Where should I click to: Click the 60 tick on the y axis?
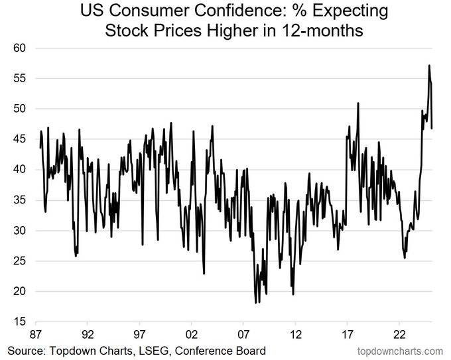(x=19, y=48)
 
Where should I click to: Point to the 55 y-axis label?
(x=19, y=78)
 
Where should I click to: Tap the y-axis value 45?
(x=19, y=139)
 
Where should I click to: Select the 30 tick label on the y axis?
(x=19, y=231)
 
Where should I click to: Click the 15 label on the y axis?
(x=19, y=322)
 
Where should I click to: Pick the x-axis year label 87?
(x=36, y=335)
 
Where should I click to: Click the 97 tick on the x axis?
(x=139, y=335)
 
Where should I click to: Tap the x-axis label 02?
(x=192, y=335)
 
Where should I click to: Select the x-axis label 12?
(x=295, y=335)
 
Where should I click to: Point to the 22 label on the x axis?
(x=399, y=335)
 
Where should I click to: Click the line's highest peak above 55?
(x=429, y=66)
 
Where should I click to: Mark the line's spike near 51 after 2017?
(x=358, y=103)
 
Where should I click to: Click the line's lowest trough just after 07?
(x=256, y=302)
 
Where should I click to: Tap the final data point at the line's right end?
(x=432, y=128)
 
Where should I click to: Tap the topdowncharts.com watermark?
(x=400, y=351)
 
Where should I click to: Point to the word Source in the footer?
(x=26, y=351)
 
